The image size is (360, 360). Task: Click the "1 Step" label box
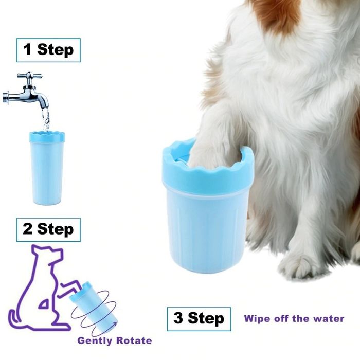[48, 50]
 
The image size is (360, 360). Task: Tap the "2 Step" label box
[48, 229]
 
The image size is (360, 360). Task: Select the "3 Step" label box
[199, 319]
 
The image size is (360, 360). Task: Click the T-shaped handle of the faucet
[30, 76]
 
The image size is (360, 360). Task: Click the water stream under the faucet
[46, 120]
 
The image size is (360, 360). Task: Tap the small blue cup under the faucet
[47, 168]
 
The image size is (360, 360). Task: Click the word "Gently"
[94, 340]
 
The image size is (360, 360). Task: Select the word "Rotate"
[134, 340]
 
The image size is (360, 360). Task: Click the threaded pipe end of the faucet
[6, 98]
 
